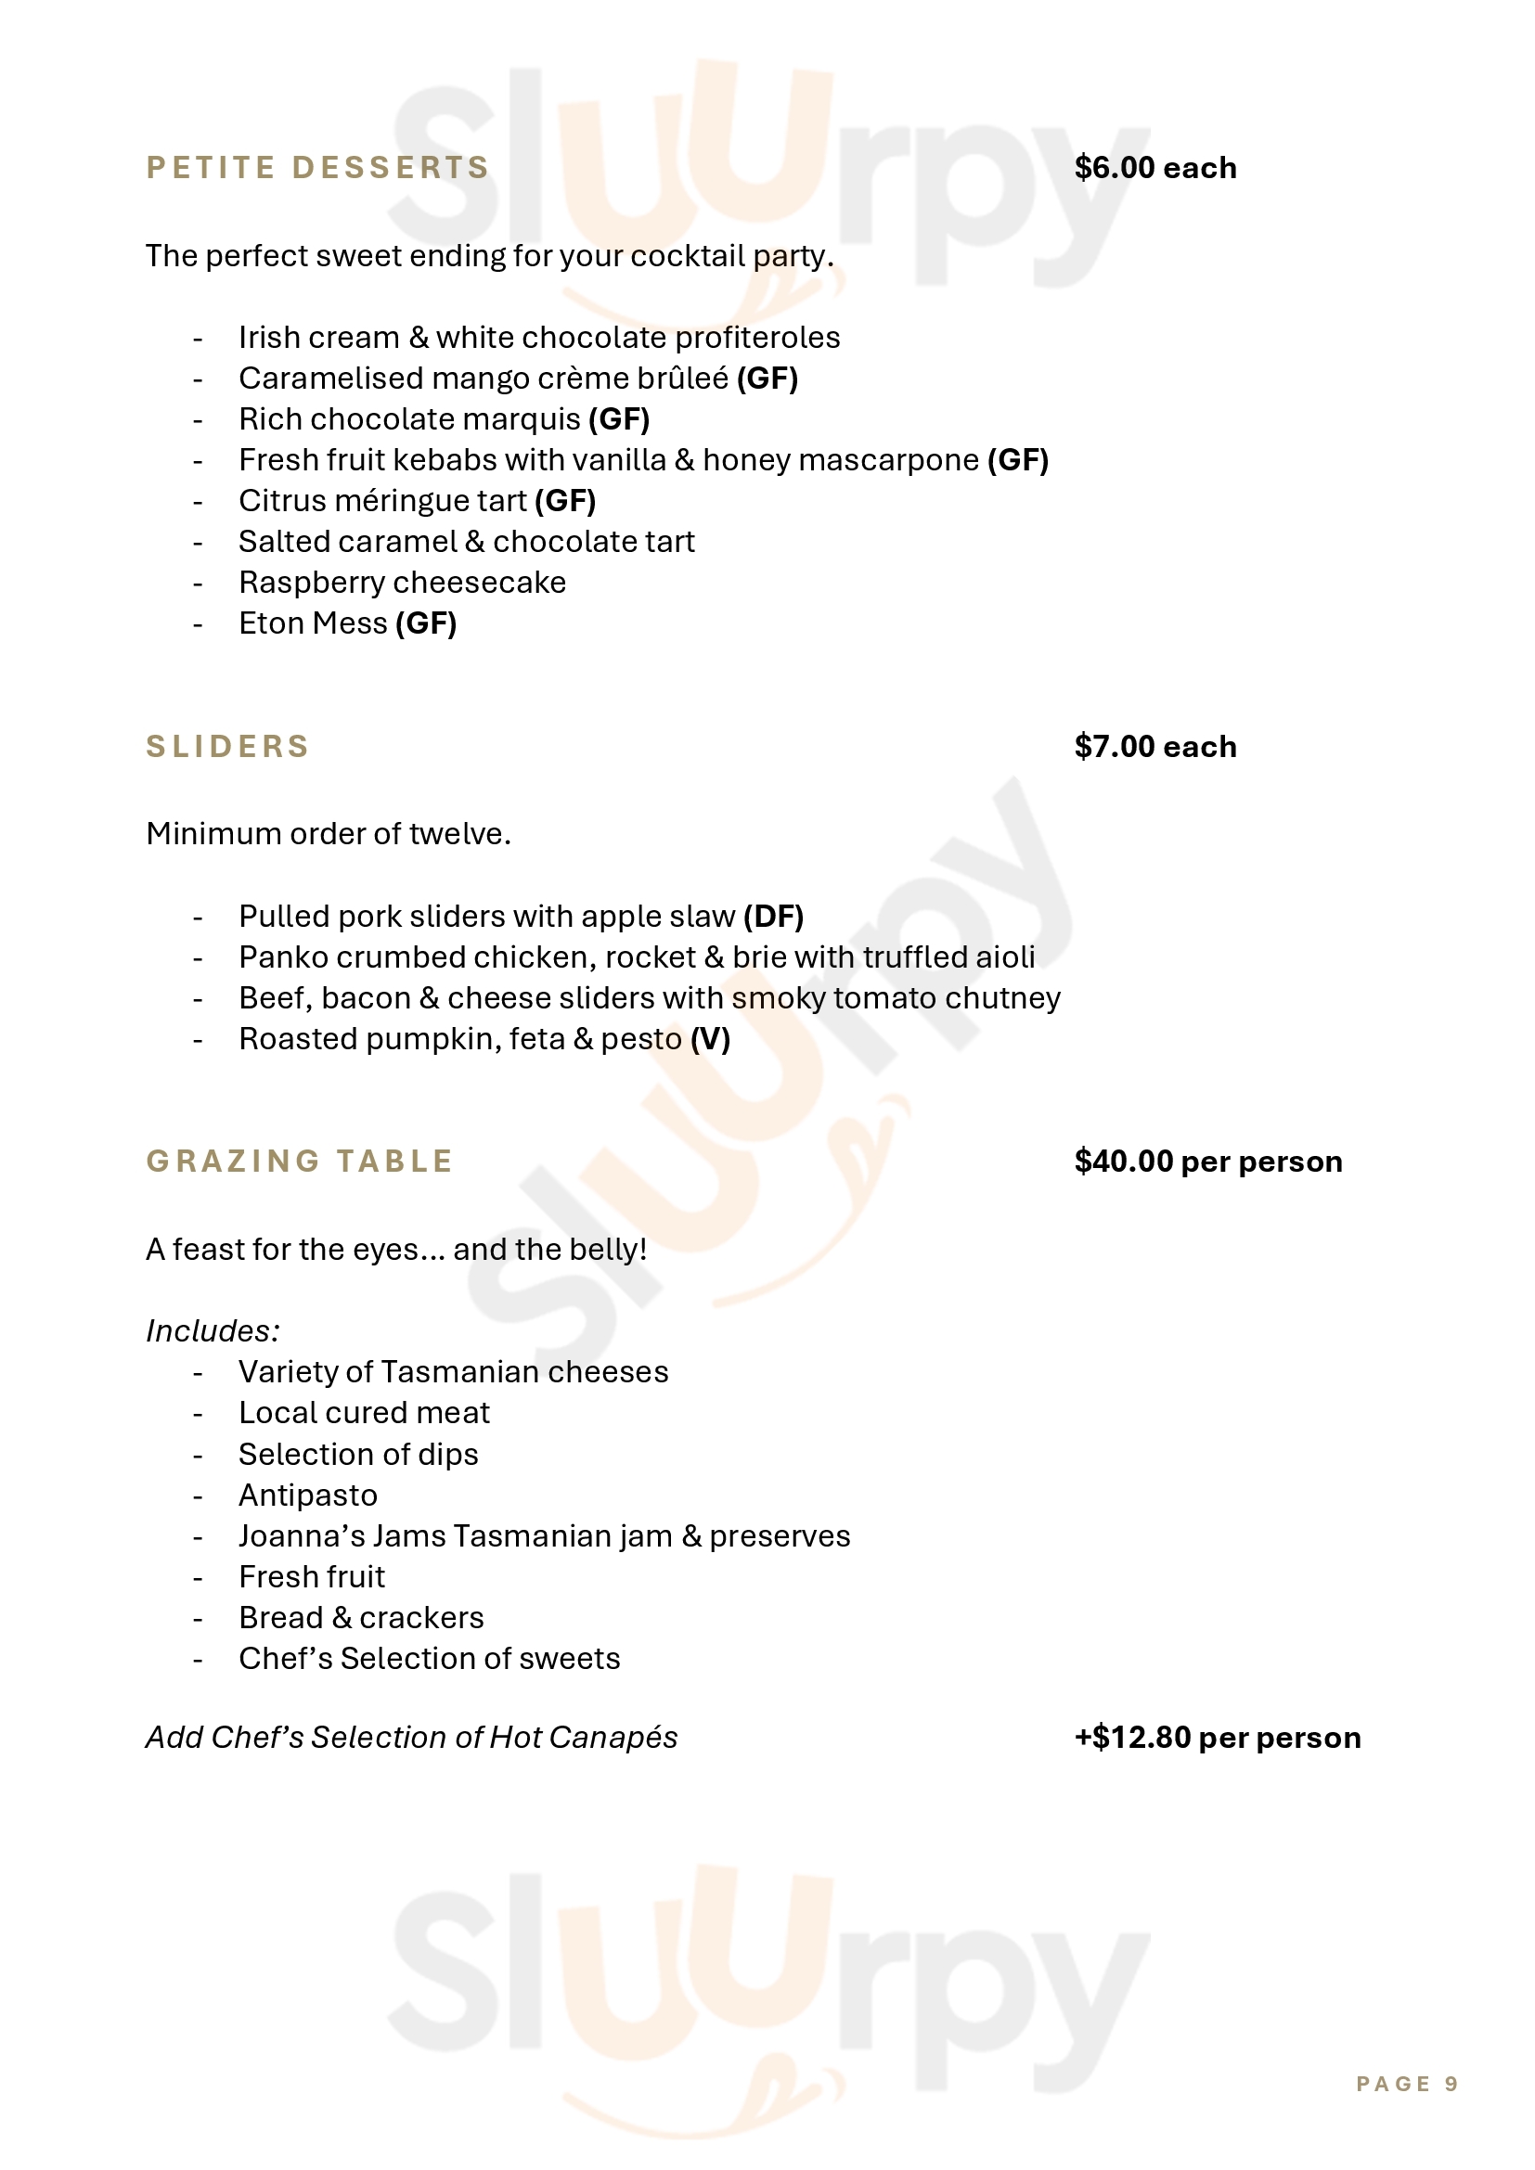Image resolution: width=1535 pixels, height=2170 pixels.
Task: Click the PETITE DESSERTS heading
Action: click(317, 167)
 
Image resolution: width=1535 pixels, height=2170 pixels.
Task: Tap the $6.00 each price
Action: click(1155, 167)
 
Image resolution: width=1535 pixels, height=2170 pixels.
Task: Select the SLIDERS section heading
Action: click(227, 746)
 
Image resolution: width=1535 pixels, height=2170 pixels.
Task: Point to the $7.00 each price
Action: click(1155, 746)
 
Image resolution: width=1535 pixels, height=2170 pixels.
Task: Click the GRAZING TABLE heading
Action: click(300, 1161)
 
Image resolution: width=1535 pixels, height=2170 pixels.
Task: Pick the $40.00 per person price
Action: click(1208, 1161)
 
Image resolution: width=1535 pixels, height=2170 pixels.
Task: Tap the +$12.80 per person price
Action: click(1218, 1737)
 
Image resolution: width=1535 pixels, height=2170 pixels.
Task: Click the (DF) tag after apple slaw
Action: click(773, 916)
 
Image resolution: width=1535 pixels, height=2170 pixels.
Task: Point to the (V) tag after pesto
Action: click(710, 1039)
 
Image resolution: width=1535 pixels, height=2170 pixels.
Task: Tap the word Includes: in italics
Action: click(213, 1330)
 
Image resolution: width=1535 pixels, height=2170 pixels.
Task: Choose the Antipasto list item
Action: click(308, 1496)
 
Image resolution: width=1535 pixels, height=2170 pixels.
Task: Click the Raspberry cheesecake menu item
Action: click(402, 583)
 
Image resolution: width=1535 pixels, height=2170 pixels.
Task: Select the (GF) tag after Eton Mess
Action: click(425, 623)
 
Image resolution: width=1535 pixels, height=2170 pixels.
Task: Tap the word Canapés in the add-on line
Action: click(613, 1737)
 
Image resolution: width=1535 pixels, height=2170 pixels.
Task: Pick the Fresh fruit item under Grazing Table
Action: click(312, 1576)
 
